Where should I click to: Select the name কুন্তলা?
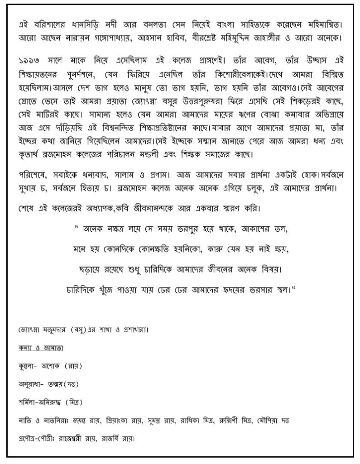coord(28,366)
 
